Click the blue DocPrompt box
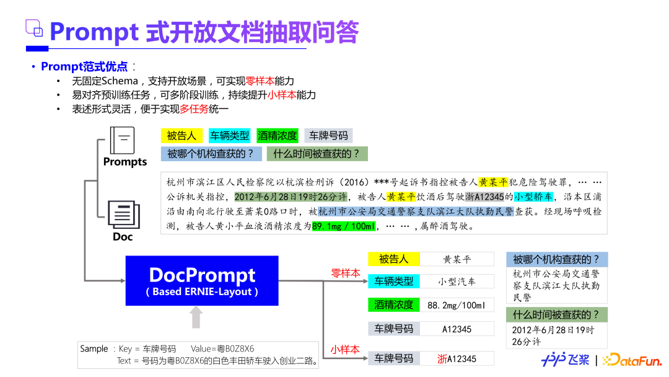pyautogui.click(x=202, y=280)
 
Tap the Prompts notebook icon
pyautogui.click(x=122, y=140)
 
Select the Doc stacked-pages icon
pyautogui.click(x=124, y=215)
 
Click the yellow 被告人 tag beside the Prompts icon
pyautogui.click(x=181, y=136)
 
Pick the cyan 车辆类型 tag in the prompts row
pyautogui.click(x=230, y=136)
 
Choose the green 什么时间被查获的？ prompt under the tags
pyautogui.click(x=317, y=154)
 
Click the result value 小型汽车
pyautogui.click(x=457, y=282)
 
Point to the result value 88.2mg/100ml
pyautogui.click(x=457, y=305)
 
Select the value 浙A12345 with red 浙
pyautogui.click(x=457, y=359)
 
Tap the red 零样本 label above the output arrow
pyautogui.click(x=346, y=273)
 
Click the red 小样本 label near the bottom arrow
pyautogui.click(x=345, y=350)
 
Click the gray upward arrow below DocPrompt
pyautogui.click(x=196, y=317)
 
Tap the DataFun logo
pyautogui.click(x=632, y=360)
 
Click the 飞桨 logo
pyautogui.click(x=566, y=360)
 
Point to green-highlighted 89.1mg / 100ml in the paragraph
pyautogui.click(x=344, y=226)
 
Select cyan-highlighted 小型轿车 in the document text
pyautogui.click(x=533, y=197)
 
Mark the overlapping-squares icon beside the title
pyautogui.click(x=34, y=28)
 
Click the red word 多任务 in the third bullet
pyautogui.click(x=194, y=109)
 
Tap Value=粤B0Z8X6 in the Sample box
pyautogui.click(x=222, y=349)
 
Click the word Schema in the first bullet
pyautogui.click(x=120, y=81)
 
